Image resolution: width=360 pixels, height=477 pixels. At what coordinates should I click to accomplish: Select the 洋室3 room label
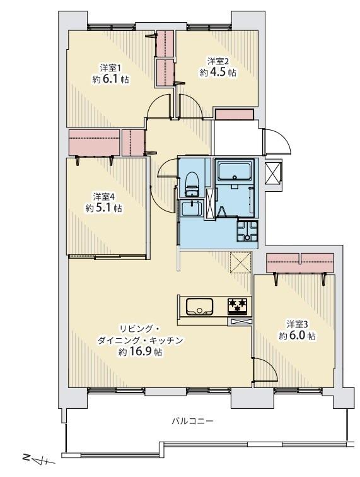click(297, 324)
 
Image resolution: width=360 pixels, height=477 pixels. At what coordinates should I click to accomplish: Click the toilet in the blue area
click(192, 183)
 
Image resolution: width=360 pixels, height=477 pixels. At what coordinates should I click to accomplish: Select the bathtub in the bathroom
click(235, 171)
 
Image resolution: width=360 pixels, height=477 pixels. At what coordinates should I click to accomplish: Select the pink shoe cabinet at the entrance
click(234, 114)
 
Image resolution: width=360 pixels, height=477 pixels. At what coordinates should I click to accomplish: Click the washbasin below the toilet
click(189, 208)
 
